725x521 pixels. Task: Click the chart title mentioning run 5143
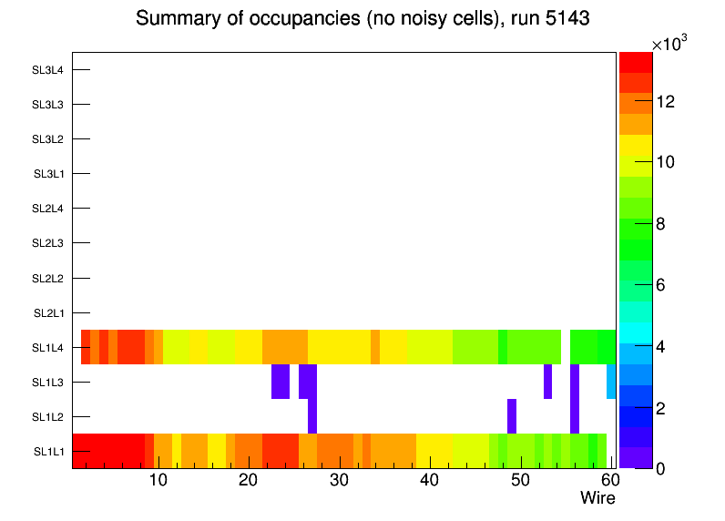point(362,19)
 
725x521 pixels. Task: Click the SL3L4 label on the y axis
point(48,70)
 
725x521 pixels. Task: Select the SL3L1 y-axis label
point(48,174)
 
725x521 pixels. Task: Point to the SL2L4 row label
point(48,209)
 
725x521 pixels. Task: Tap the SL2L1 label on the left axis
point(48,313)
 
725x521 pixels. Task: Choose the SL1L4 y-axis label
point(48,348)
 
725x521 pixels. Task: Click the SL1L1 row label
point(48,452)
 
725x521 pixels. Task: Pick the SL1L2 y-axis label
point(48,417)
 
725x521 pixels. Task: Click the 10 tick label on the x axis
point(158,480)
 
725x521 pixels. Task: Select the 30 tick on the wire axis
point(339,480)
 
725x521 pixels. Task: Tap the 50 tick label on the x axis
point(520,480)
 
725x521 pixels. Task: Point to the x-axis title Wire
point(597,498)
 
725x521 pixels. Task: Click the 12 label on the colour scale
point(665,102)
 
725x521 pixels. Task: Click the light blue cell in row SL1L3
point(611,381)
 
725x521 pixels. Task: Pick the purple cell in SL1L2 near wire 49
point(512,416)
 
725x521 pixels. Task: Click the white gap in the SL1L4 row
point(566,347)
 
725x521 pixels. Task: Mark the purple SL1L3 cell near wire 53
point(547,381)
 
